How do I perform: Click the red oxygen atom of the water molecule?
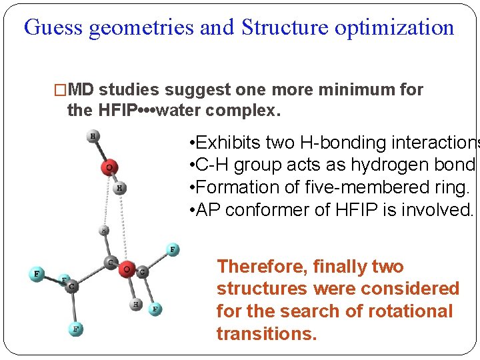click(108, 167)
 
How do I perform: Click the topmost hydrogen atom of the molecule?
click(93, 137)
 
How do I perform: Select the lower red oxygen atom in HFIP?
click(126, 269)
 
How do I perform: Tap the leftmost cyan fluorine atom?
click(37, 274)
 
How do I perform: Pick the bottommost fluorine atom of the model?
click(77, 329)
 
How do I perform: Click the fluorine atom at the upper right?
click(173, 249)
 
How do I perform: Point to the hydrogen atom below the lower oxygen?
click(136, 304)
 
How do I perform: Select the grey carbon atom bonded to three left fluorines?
click(71, 286)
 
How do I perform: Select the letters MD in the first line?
click(81, 90)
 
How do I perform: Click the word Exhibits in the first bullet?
click(230, 143)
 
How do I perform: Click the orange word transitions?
click(267, 333)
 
